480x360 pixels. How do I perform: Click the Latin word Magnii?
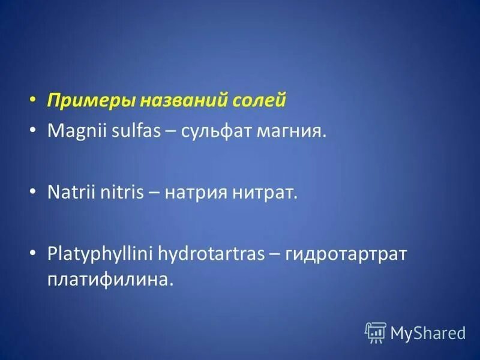pyautogui.click(x=73, y=131)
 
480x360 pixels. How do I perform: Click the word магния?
pyautogui.click(x=293, y=131)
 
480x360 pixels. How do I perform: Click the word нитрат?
pyautogui.click(x=262, y=193)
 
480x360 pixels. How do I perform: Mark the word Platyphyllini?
pyautogui.click(x=100, y=254)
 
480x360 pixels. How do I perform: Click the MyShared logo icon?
pyautogui.click(x=376, y=332)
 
